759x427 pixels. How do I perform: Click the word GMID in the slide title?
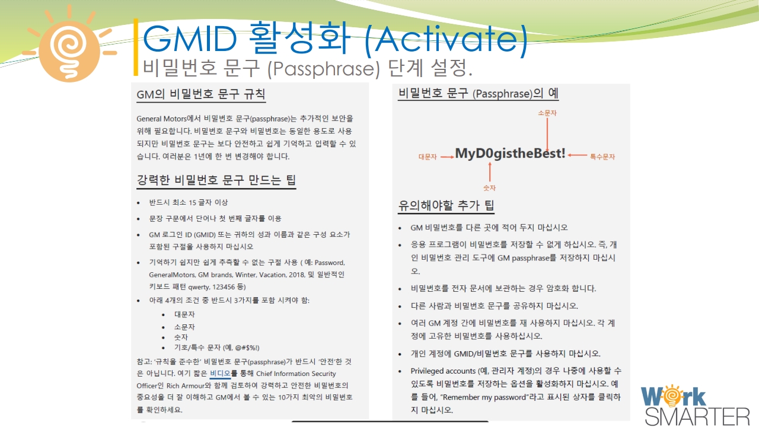coord(190,38)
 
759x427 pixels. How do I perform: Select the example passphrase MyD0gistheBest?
coord(511,153)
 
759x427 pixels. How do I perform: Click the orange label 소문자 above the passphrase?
coord(547,113)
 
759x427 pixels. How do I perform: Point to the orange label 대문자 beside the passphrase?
coord(428,157)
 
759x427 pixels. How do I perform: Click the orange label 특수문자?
coord(602,157)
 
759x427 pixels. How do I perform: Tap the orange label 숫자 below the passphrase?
coord(489,188)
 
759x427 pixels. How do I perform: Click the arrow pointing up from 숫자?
coord(490,172)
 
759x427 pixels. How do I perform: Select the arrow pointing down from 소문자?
coord(547,135)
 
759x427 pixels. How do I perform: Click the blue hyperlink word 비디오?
coord(220,374)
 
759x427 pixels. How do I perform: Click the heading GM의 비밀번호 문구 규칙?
coord(201,94)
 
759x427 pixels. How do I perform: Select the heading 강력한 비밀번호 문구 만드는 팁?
coord(216,180)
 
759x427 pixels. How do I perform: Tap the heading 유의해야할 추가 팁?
coord(446,205)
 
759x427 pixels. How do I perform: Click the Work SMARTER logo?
coord(694,405)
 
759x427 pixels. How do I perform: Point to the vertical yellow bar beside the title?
coord(136,47)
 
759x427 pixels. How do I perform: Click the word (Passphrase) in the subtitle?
coord(324,68)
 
